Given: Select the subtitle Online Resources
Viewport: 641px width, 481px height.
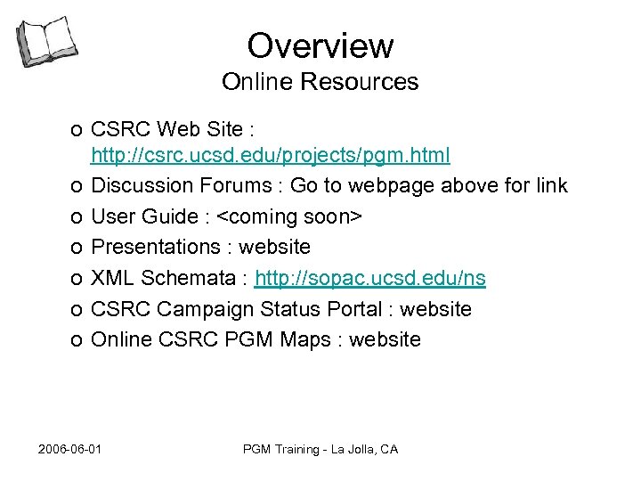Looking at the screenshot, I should pos(320,82).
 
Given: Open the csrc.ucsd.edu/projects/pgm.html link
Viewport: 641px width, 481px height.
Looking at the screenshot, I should pos(271,156).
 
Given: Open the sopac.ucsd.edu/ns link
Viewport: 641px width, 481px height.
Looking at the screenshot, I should pos(370,278).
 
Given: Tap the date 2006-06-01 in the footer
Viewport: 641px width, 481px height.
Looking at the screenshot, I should pos(70,449).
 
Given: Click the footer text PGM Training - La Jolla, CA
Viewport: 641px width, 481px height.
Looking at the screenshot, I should pos(320,449).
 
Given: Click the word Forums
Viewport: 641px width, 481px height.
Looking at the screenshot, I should pos(238,186).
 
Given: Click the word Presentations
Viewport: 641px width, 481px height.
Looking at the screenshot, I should pos(156,247).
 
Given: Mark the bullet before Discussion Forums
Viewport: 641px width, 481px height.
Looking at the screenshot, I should pos(77,187).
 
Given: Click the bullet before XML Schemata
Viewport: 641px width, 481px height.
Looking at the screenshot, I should pos(77,279).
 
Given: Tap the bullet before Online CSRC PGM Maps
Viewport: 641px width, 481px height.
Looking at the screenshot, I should pos(77,340).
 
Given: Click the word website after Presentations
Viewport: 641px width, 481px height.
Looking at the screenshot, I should pos(276,247).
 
